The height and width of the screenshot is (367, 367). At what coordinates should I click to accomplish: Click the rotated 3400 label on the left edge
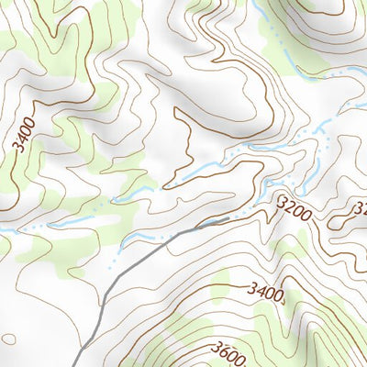coord(23,133)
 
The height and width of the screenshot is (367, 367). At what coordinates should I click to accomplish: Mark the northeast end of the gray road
coord(228,220)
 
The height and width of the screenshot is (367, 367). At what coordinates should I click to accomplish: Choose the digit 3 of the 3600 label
coord(217,347)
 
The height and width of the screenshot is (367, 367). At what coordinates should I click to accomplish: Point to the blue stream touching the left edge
coord(4,229)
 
